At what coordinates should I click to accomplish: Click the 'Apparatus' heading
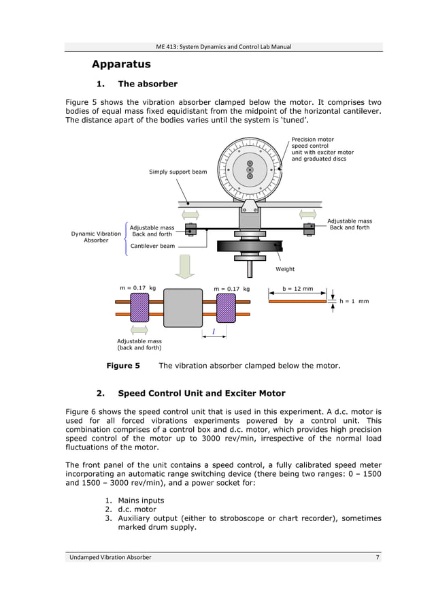[x=121, y=65]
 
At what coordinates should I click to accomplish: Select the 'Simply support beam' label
[x=178, y=172]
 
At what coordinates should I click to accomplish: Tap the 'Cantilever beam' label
[x=152, y=246]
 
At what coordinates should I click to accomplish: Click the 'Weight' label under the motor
[x=285, y=269]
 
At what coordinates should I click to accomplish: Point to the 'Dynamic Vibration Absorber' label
[x=96, y=237]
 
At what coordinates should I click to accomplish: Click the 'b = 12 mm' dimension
[x=297, y=289]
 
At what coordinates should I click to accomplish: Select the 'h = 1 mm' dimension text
[x=354, y=301]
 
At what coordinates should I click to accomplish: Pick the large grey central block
[x=183, y=308]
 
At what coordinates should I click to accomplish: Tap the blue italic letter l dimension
[x=214, y=332]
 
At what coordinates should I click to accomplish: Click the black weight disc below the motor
[x=250, y=247]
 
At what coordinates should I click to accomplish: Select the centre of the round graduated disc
[x=250, y=170]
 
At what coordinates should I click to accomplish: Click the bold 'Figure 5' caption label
[x=123, y=366]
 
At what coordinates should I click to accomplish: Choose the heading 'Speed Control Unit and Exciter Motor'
[x=201, y=394]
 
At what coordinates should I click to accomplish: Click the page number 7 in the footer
[x=378, y=558]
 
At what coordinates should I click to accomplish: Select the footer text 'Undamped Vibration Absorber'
[x=110, y=558]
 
